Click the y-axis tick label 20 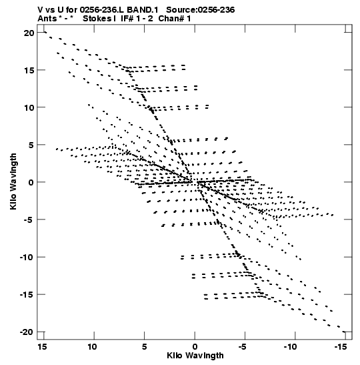(x=29, y=33)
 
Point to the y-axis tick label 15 (x=29, y=70)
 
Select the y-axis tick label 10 (x=29, y=108)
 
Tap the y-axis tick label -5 (x=28, y=220)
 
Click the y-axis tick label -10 (x=27, y=257)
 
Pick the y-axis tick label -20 (x=27, y=332)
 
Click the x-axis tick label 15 (x=42, y=347)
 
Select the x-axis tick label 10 (x=92, y=347)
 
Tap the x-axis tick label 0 (x=195, y=347)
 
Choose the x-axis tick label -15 (x=341, y=347)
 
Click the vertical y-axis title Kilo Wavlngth (x=13, y=181)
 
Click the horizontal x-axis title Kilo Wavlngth (x=195, y=356)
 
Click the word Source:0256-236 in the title (x=201, y=10)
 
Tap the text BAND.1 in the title (x=142, y=10)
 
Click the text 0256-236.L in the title (x=102, y=10)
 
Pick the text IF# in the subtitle (x=127, y=19)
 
